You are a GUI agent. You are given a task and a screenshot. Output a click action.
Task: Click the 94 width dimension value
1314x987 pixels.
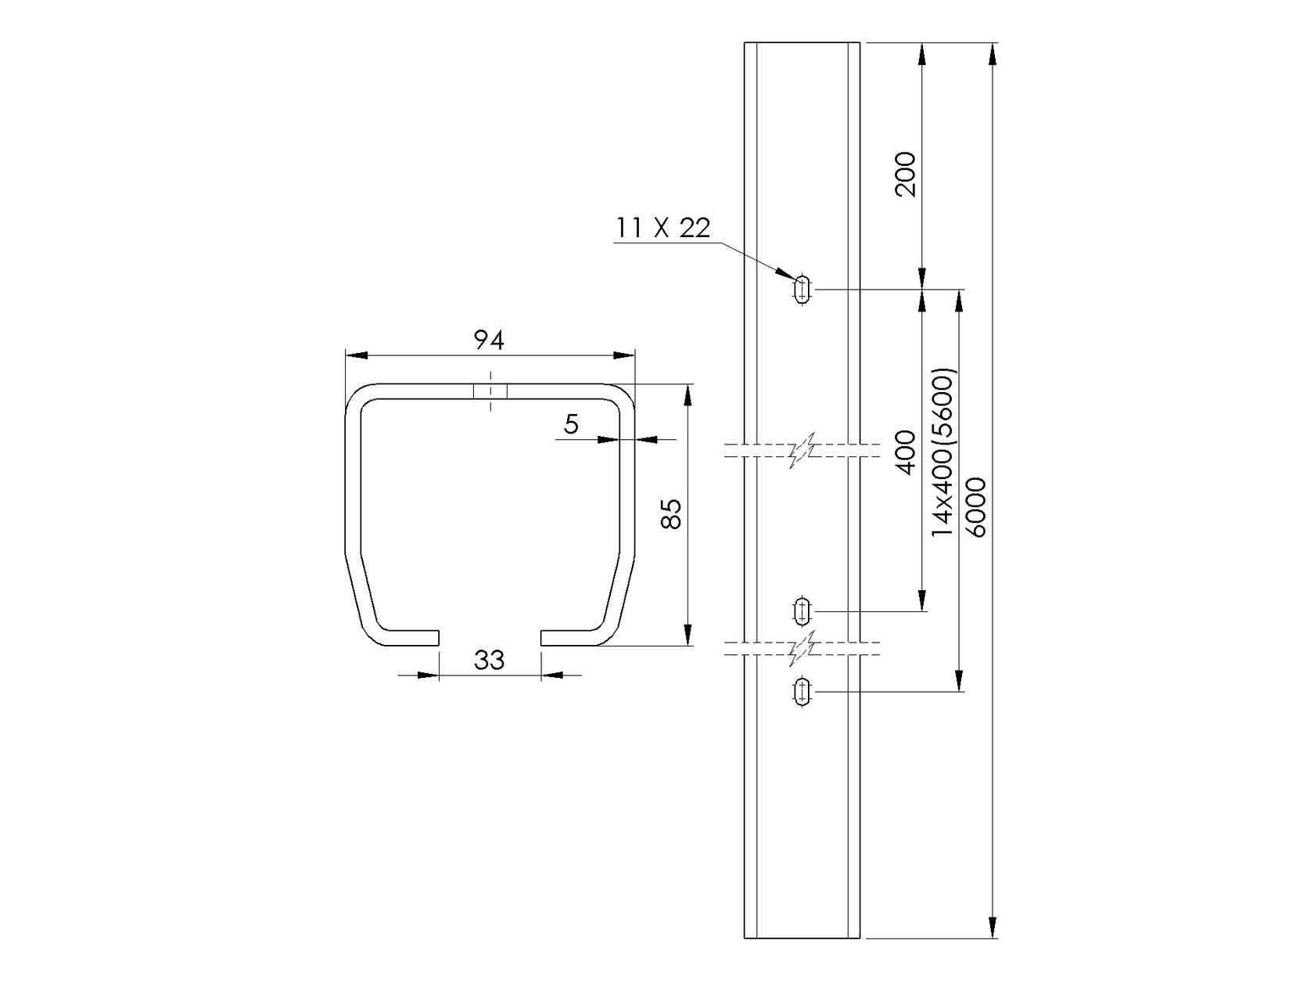click(490, 340)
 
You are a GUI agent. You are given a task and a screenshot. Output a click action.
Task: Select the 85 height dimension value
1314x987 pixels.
click(671, 514)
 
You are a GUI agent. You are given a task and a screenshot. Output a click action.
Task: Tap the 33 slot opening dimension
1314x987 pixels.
click(490, 660)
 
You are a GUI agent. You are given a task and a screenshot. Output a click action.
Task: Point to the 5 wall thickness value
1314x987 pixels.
click(572, 424)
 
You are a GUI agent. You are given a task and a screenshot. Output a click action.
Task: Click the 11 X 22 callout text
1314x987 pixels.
click(663, 228)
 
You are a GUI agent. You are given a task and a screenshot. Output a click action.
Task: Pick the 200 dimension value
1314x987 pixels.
click(905, 174)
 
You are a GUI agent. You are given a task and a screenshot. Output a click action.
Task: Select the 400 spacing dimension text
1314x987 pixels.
click(905, 452)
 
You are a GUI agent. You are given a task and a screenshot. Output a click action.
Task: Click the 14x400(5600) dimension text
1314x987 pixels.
click(944, 452)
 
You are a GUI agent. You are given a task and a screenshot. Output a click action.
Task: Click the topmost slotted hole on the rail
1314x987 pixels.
click(802, 290)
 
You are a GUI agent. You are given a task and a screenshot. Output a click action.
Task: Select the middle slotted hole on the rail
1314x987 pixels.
click(802, 611)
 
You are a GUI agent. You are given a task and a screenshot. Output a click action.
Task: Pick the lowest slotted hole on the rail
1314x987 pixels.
click(802, 691)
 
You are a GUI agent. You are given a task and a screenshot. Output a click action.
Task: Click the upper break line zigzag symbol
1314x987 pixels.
click(802, 450)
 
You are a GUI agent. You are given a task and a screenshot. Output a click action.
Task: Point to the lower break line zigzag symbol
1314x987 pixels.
click(802, 648)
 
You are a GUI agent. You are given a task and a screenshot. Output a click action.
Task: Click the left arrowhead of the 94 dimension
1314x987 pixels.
click(357, 355)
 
